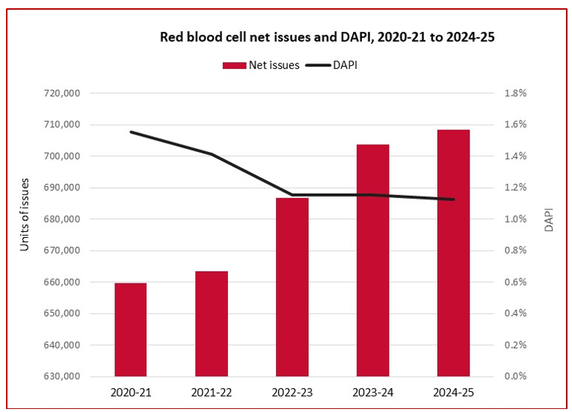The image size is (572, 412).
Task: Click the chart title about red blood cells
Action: coord(327,36)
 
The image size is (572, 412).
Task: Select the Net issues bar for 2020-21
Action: coord(130,329)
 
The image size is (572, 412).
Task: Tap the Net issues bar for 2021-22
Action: coord(211,323)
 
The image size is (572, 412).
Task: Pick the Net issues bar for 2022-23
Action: coord(292,287)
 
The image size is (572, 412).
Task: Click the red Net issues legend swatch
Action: coord(234,65)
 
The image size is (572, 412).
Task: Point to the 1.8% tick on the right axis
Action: coord(517,93)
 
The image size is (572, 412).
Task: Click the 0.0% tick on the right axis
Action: coord(517,377)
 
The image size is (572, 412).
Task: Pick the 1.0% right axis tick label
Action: coord(517,219)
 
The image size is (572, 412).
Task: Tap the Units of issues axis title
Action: coord(25,215)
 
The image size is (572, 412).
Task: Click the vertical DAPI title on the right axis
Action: coord(549,218)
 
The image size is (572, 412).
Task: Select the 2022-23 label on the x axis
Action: coord(292,392)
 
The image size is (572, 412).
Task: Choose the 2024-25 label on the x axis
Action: coord(453,392)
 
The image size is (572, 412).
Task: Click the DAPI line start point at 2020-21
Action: coord(131,132)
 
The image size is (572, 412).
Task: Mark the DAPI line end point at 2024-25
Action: coord(453,200)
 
